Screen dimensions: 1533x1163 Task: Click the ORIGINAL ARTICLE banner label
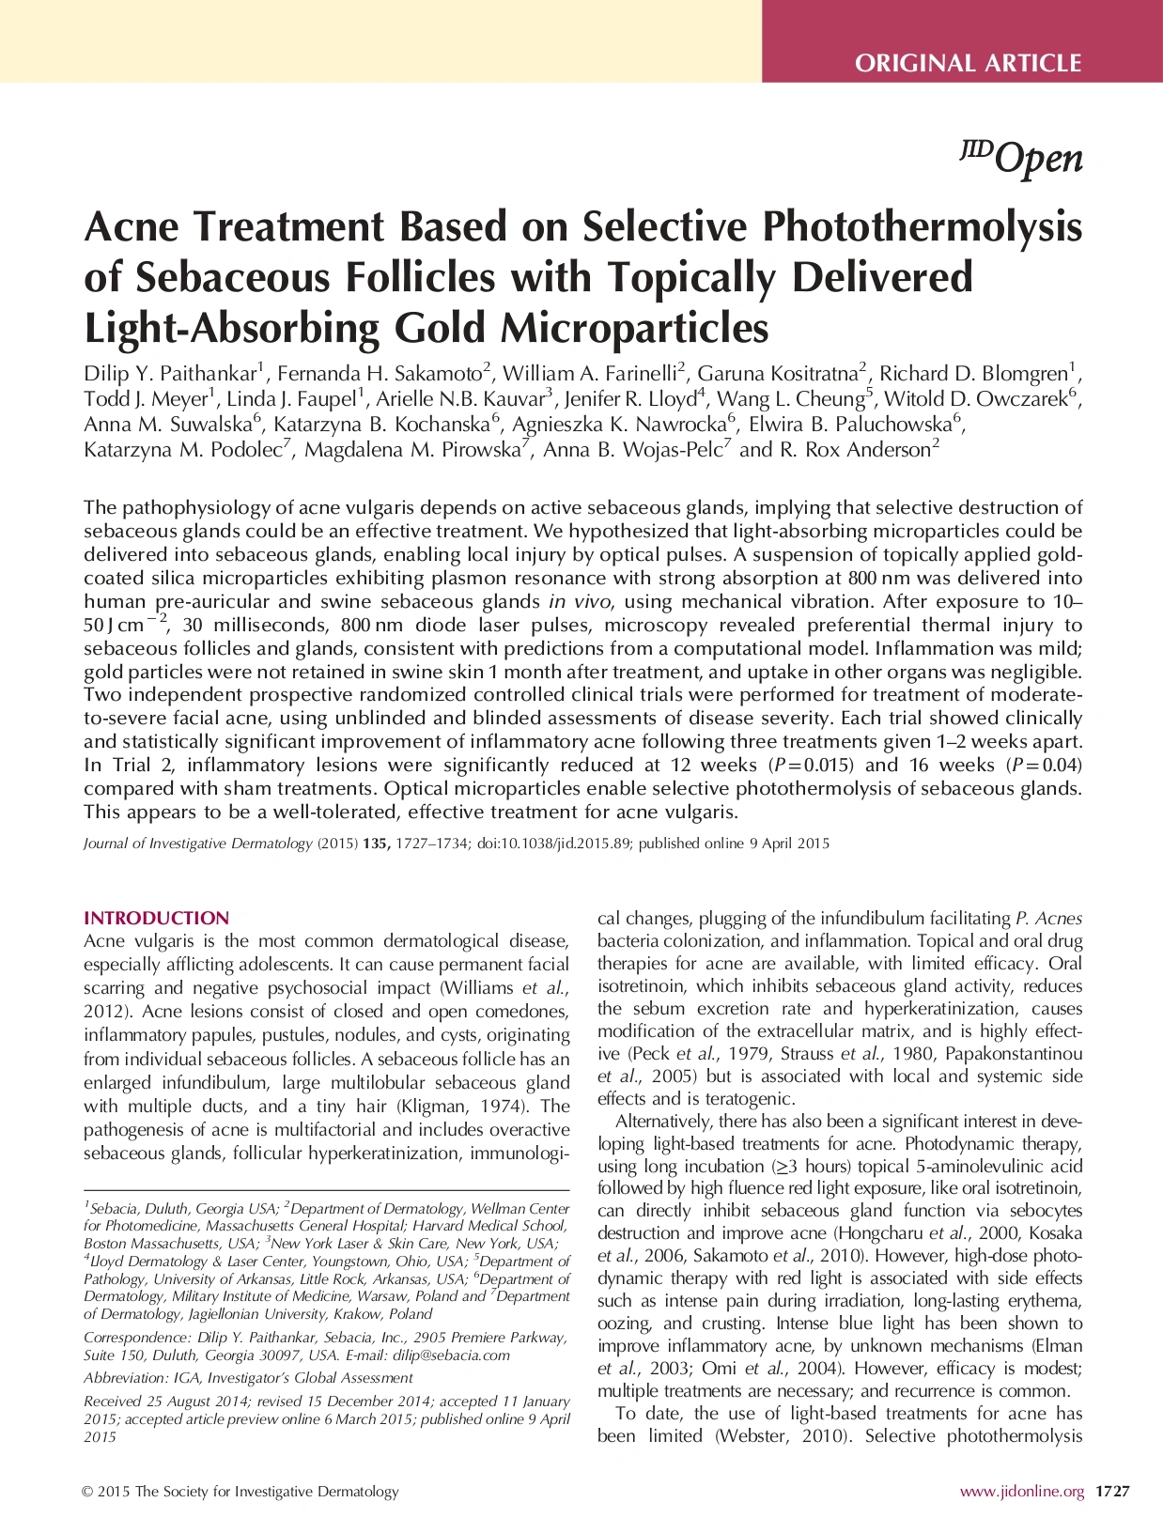click(968, 64)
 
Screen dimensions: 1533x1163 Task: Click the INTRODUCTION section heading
click(156, 918)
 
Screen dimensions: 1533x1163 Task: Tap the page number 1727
click(1112, 1491)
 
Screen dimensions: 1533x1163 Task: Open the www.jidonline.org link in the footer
click(1021, 1491)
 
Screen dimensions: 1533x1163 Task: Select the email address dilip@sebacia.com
click(455, 1355)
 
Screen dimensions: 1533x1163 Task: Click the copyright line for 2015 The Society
click(240, 1491)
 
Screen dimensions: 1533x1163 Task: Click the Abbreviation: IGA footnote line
click(248, 1378)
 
